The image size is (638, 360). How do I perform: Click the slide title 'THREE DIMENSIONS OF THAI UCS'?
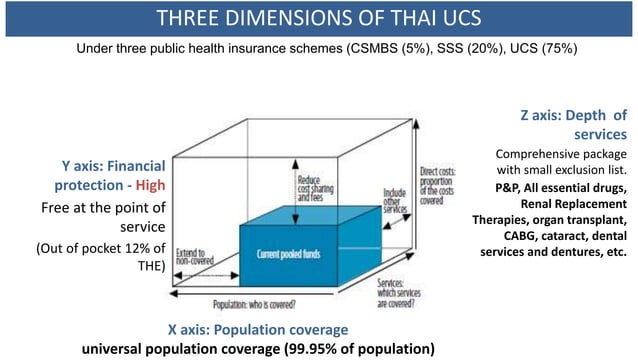(x=319, y=18)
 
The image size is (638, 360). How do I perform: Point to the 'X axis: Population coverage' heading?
(x=257, y=330)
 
